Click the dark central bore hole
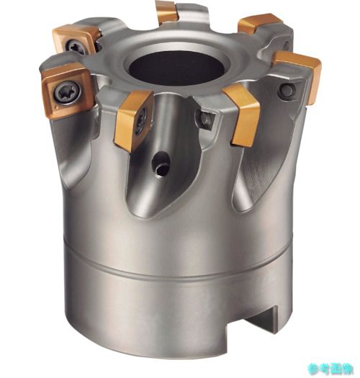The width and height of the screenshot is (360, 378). pos(176,68)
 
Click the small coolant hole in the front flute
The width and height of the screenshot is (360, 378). pos(161,166)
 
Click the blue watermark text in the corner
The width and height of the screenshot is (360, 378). pos(330,369)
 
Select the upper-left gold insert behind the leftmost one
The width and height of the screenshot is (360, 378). pos(76,40)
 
